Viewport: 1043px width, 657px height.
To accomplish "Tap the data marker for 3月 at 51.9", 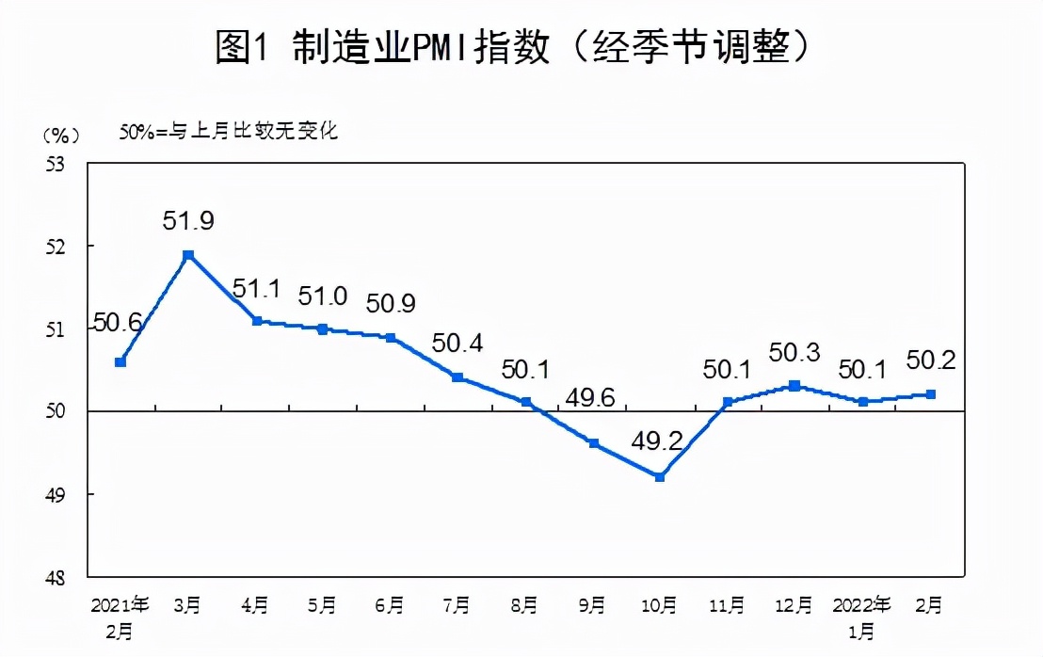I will coord(188,255).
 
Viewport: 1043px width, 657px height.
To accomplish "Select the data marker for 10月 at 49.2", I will coord(660,477).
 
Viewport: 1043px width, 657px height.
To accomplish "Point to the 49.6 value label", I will coord(590,399).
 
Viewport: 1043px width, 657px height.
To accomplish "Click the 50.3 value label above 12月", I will coord(794,353).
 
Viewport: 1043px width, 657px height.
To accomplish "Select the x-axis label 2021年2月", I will coord(120,614).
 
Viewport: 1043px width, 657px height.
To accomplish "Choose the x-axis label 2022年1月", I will coord(862,614).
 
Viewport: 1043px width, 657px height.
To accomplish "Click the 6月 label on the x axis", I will coord(390,604).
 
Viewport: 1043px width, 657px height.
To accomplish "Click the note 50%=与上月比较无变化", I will coord(228,132).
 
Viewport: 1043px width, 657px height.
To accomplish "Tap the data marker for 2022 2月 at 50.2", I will coord(930,394).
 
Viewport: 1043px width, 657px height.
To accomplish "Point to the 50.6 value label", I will coord(118,324).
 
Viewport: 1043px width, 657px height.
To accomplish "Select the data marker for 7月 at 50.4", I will coord(457,377).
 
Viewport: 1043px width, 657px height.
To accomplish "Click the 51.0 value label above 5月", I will coord(322,295).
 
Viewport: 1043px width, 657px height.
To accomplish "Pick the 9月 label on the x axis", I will coord(592,604).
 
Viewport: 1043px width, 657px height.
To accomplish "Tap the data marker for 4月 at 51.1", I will coord(256,321).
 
